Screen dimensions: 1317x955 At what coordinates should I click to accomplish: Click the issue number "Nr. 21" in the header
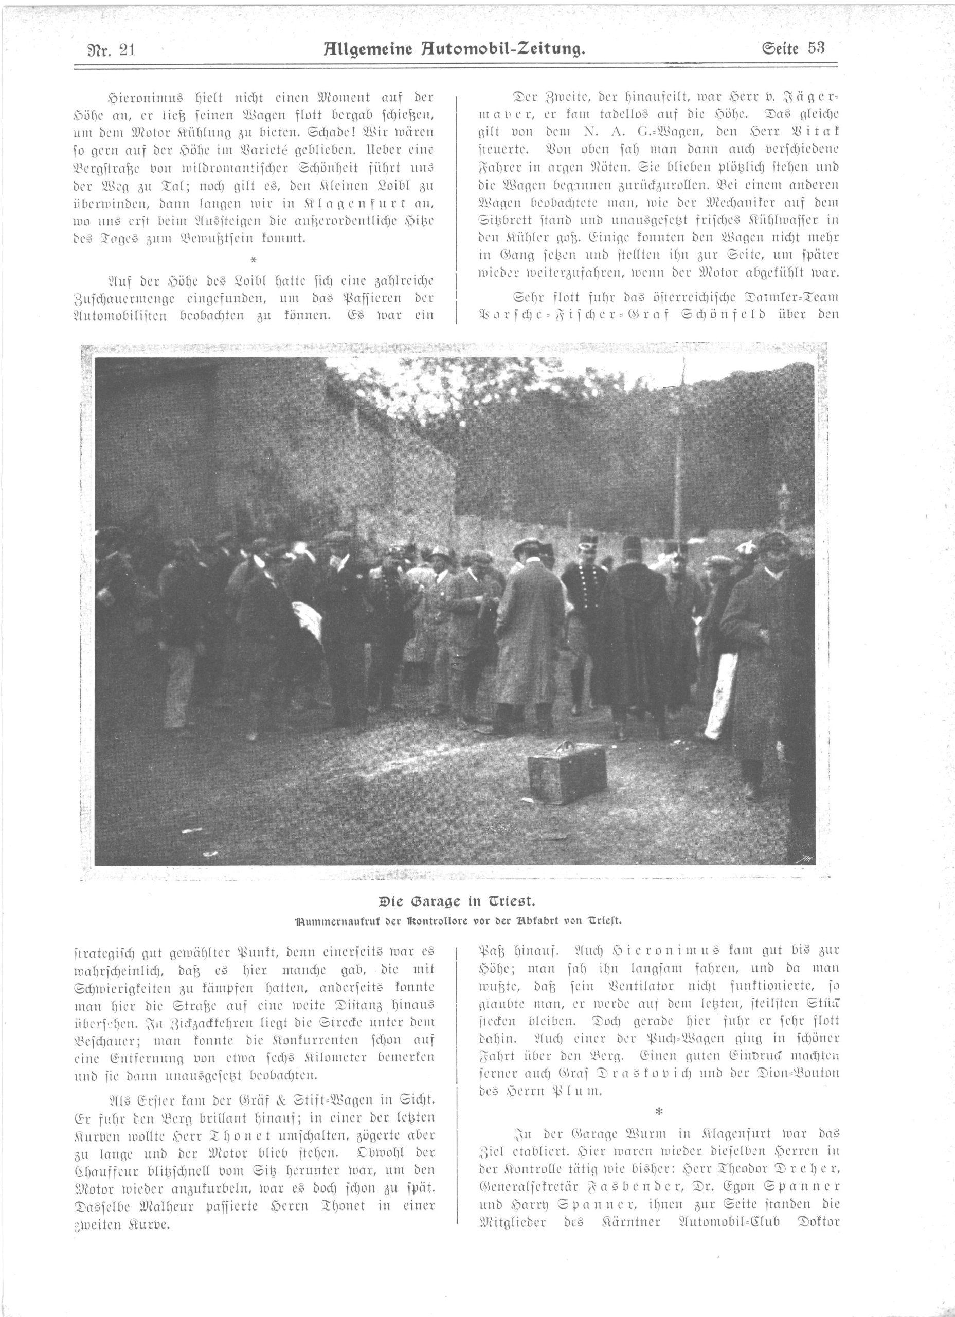point(107,49)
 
